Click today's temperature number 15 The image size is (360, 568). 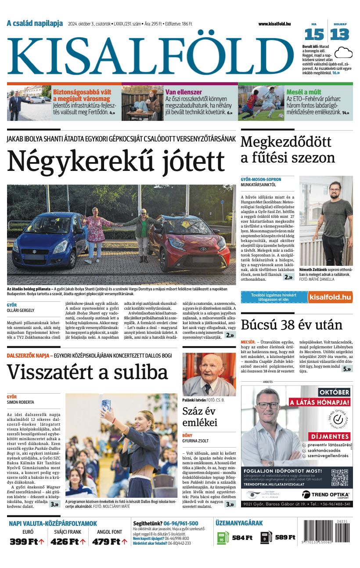[x=314, y=34]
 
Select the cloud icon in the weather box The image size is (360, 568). [x=343, y=53]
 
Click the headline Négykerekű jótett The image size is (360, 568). [x=116, y=161]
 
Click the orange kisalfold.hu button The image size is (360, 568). [x=330, y=297]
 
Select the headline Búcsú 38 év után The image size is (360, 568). [x=292, y=325]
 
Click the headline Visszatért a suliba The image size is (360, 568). [x=87, y=372]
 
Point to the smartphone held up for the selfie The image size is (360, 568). [x=106, y=405]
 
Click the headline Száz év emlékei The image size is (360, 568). [x=200, y=417]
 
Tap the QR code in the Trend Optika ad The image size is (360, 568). [x=339, y=478]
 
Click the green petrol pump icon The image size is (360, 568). [x=223, y=538]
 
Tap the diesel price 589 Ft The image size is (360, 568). [x=284, y=537]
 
